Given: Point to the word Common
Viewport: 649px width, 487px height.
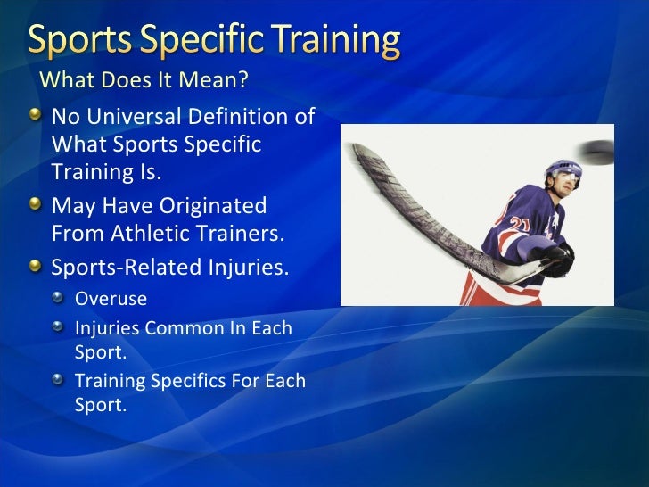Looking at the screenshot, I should (183, 328).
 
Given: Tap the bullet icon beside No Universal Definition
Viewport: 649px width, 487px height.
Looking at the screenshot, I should (34, 116).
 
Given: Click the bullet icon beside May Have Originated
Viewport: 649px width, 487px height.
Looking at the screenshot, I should (34, 205).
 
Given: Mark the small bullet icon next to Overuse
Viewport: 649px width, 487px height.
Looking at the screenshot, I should (58, 297).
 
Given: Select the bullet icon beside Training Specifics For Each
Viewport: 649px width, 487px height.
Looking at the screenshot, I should (58, 381).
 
